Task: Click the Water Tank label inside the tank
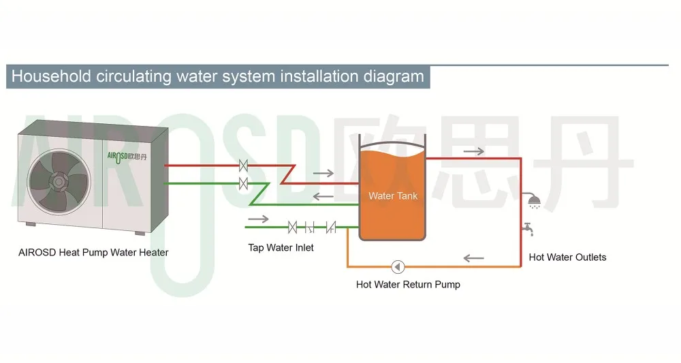393,196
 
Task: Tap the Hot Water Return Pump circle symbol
398,266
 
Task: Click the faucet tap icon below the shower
528,230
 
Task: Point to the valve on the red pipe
243,165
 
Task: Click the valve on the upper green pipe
243,183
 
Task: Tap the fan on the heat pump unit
59,182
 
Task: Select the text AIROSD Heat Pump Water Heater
93,253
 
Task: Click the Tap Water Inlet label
281,248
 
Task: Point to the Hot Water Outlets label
567,257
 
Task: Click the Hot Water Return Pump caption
408,285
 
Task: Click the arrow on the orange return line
473,258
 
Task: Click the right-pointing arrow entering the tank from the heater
323,173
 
